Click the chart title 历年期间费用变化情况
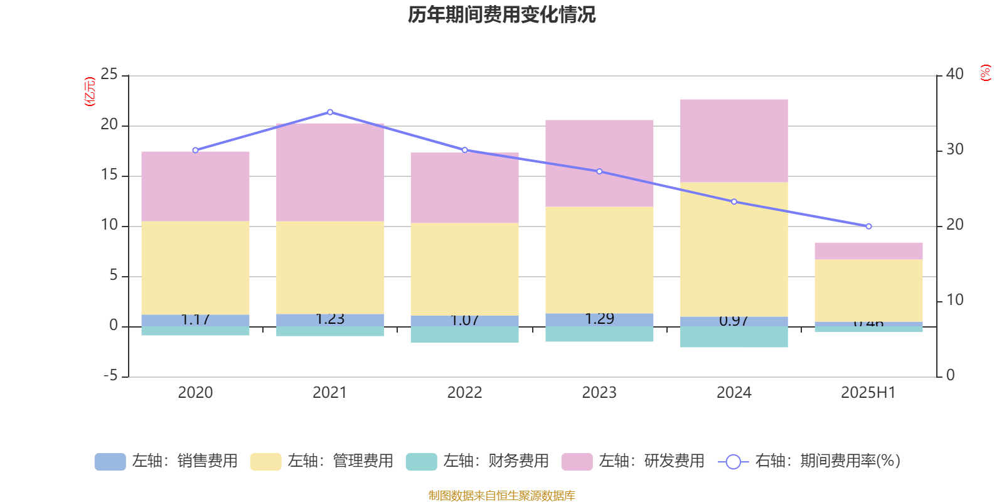501,14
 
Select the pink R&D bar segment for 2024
734,141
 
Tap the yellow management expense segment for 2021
330,267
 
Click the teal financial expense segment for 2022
465,334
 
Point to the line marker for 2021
330,112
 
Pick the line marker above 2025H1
868,227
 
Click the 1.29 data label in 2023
599,319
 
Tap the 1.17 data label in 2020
195,319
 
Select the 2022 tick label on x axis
464,393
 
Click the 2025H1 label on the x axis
868,393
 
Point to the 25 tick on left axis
109,75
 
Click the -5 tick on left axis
109,376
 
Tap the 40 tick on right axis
954,74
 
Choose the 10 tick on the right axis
954,300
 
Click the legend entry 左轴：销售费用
167,461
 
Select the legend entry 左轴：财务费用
478,461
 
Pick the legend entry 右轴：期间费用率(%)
809,461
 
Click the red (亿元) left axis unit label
90,92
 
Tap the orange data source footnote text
501,496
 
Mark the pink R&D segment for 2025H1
868,251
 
